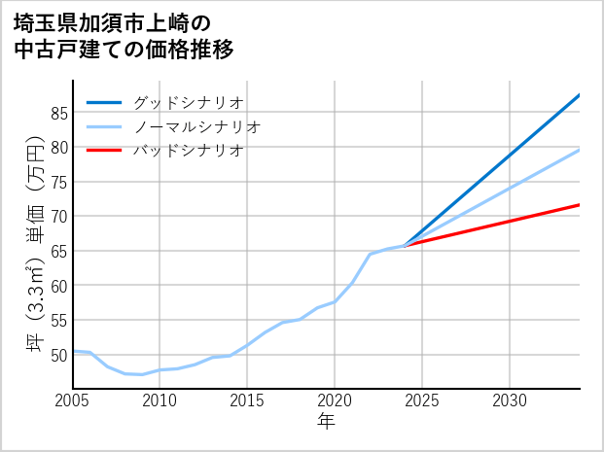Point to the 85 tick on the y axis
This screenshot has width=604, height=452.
[x=58, y=113]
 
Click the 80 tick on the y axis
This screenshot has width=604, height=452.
[x=58, y=148]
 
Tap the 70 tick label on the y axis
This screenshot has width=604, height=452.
[x=58, y=217]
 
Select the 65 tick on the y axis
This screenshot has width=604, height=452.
[x=58, y=251]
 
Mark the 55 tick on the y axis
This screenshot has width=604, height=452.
[x=58, y=320]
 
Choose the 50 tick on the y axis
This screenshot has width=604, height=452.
[x=58, y=355]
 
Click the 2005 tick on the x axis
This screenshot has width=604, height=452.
[x=73, y=400]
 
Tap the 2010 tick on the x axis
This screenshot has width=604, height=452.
[x=160, y=400]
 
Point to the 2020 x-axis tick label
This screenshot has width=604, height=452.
[x=335, y=400]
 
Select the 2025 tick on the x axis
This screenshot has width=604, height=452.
[x=422, y=400]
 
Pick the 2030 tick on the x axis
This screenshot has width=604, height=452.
[x=510, y=400]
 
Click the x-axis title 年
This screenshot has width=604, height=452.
[x=327, y=422]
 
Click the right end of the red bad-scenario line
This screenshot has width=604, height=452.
[x=579, y=204]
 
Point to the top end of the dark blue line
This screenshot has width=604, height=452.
[x=579, y=95]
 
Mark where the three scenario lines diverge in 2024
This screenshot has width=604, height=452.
[x=405, y=245]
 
